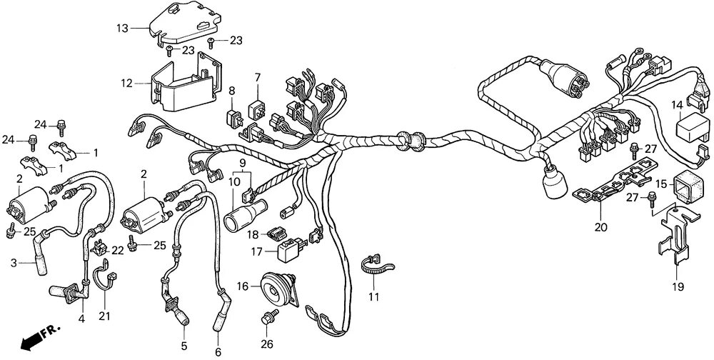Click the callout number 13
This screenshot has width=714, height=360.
point(123,28)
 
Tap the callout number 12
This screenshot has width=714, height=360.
point(126,83)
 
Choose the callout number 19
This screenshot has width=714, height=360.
point(677,287)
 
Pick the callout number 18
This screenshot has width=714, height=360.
point(253,234)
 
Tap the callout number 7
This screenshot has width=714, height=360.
point(257,76)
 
